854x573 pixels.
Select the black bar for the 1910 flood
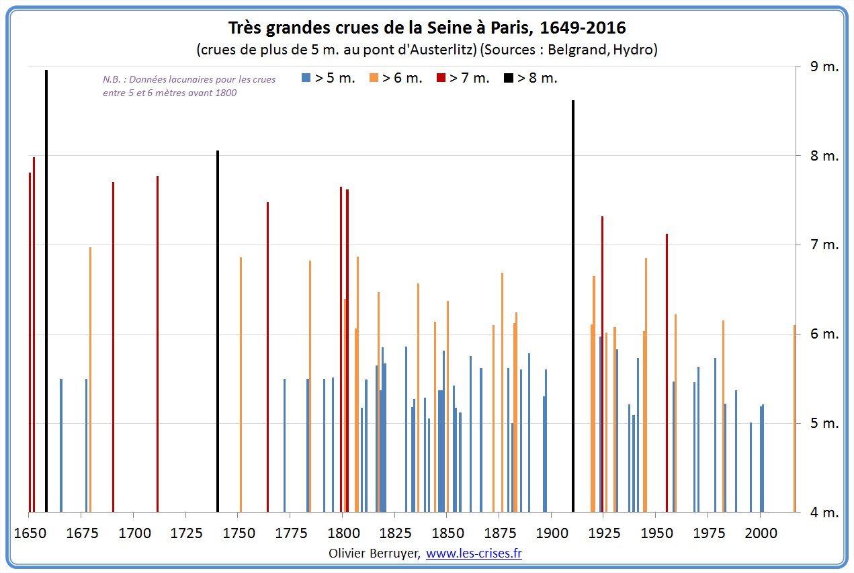(x=573, y=306)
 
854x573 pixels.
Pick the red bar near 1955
(x=667, y=373)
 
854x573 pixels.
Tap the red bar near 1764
(x=267, y=357)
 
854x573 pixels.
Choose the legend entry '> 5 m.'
(x=329, y=78)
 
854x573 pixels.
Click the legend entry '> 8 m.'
(x=531, y=78)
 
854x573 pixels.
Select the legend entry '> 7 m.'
(x=463, y=78)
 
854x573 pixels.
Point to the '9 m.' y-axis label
(x=823, y=67)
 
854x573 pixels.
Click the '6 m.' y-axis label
(x=823, y=335)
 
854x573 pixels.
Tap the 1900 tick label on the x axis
(x=552, y=533)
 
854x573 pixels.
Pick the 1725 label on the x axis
(x=186, y=533)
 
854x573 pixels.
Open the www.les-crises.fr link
(x=474, y=554)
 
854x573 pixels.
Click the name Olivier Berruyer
(x=374, y=554)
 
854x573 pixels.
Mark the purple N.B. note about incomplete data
(x=189, y=86)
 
